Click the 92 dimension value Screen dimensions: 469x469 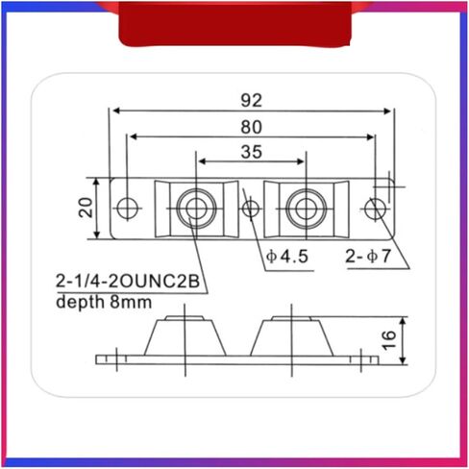[252, 100]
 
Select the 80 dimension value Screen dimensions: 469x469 [252, 127]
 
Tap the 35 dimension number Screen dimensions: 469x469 [252, 152]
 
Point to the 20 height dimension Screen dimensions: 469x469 [86, 208]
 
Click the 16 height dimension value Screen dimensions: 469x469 [388, 340]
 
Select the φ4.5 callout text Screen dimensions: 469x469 [287, 257]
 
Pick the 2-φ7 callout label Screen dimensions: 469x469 [368, 257]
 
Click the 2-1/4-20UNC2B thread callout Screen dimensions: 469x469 [128, 282]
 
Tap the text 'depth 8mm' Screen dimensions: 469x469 [104, 302]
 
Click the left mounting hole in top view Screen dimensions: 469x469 [127, 209]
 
